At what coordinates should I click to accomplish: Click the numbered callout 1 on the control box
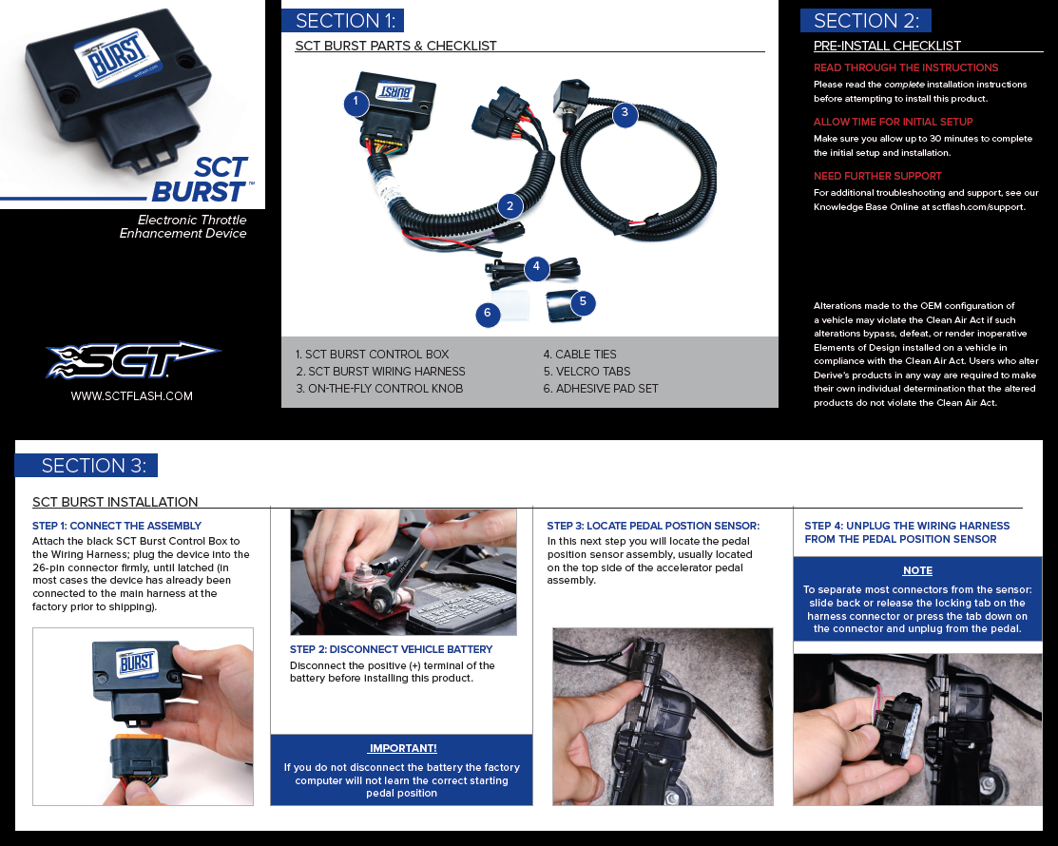[x=356, y=104]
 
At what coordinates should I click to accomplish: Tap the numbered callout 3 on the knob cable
[x=625, y=113]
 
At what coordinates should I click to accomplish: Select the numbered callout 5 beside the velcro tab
[x=583, y=302]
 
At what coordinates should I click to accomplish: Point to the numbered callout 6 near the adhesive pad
[x=487, y=313]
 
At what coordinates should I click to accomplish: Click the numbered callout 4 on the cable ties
[x=536, y=266]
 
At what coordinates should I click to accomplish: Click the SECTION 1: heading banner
[x=343, y=21]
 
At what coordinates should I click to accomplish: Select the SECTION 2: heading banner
[x=866, y=21]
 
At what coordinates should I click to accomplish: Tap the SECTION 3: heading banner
[x=87, y=466]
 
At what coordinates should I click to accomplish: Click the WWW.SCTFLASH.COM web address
[x=131, y=396]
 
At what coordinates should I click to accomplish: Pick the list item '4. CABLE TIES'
[x=580, y=355]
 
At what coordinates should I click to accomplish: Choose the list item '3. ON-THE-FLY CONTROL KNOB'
[x=379, y=389]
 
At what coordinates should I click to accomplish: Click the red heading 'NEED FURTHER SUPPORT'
[x=877, y=176]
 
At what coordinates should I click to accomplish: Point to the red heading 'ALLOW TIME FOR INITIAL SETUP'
[x=893, y=122]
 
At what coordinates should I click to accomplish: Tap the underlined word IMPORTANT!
[x=402, y=748]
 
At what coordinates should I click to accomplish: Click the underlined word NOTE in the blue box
[x=917, y=570]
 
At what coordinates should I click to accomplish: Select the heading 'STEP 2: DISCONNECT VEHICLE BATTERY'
[x=392, y=649]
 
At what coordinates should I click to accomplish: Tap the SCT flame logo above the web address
[x=133, y=360]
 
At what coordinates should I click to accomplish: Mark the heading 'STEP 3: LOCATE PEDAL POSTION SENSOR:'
[x=653, y=526]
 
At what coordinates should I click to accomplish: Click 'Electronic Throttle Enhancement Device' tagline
[x=183, y=226]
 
